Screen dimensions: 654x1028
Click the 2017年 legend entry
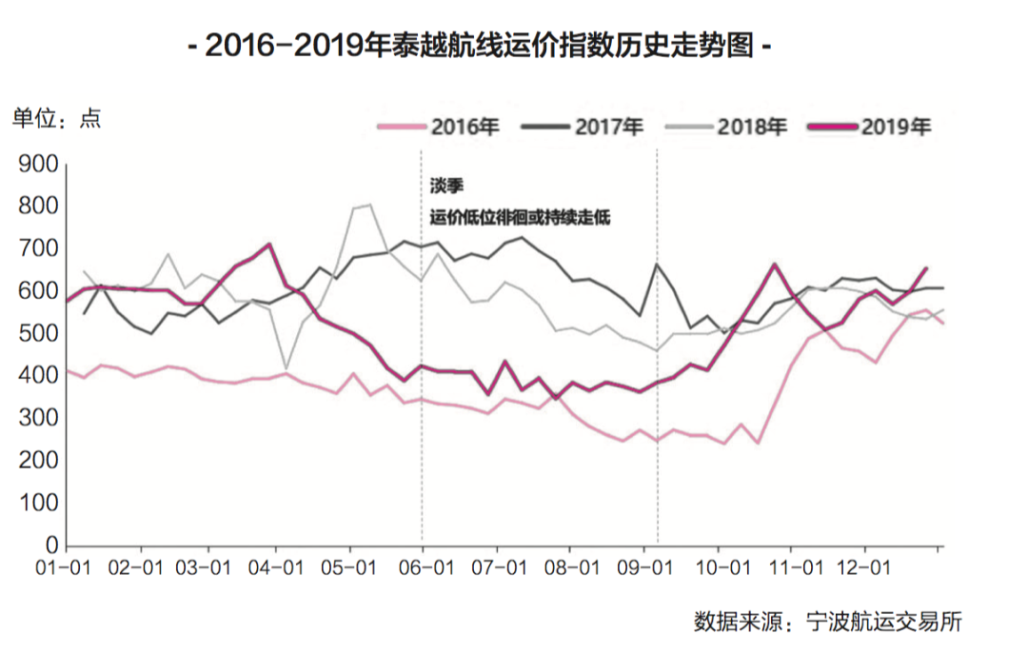589,127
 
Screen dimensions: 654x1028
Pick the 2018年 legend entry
733,127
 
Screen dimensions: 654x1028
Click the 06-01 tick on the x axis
426,567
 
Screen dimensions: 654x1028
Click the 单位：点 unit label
55,119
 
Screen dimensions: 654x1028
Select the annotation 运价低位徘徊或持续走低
519,218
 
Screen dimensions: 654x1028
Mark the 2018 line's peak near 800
368,205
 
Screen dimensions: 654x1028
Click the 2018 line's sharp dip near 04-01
287,367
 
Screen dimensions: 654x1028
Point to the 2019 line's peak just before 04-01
269,244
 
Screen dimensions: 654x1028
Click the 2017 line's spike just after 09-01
657,264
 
